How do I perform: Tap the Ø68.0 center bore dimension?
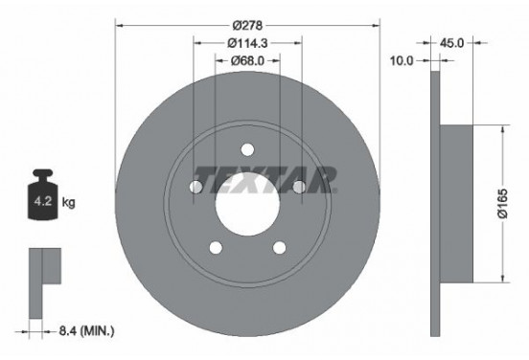point(247,60)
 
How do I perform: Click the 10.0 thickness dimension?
point(402,60)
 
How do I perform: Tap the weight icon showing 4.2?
point(43,199)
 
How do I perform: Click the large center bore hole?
point(247,204)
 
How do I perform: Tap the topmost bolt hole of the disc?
point(247,149)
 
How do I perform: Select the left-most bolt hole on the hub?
point(195,187)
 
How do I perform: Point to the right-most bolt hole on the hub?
point(299,187)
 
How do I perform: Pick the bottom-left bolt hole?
point(216,248)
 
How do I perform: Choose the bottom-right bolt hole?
point(280,248)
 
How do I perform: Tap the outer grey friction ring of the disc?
point(153,249)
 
